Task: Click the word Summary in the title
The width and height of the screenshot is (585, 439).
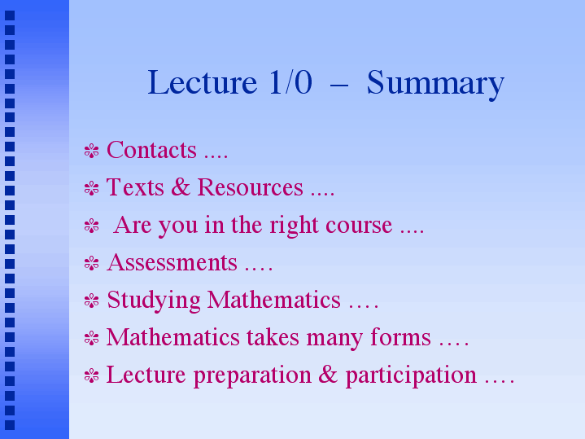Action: pos(435,85)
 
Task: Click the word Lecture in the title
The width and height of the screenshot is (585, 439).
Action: pos(203,82)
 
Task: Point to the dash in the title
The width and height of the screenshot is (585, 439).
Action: pos(339,86)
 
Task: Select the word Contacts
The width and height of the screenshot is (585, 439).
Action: pos(151,150)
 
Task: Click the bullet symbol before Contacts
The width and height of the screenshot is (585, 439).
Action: pos(91,151)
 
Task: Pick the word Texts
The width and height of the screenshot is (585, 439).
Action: pos(135,187)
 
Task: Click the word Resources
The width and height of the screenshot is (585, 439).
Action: pos(250,187)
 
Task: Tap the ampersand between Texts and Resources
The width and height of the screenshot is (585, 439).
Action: pos(181,187)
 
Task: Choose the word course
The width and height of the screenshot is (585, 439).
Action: pos(359,226)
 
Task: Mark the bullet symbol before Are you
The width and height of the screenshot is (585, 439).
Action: pos(91,226)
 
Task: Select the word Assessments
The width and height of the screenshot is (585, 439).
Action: pos(172,262)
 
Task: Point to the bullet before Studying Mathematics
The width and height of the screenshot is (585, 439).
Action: pos(91,301)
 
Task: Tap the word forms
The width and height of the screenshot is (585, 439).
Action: pos(400,336)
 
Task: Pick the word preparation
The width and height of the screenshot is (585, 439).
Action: pos(252,375)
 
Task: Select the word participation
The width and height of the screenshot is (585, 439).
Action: pos(411,375)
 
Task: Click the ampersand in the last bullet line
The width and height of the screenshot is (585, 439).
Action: pos(328,374)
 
